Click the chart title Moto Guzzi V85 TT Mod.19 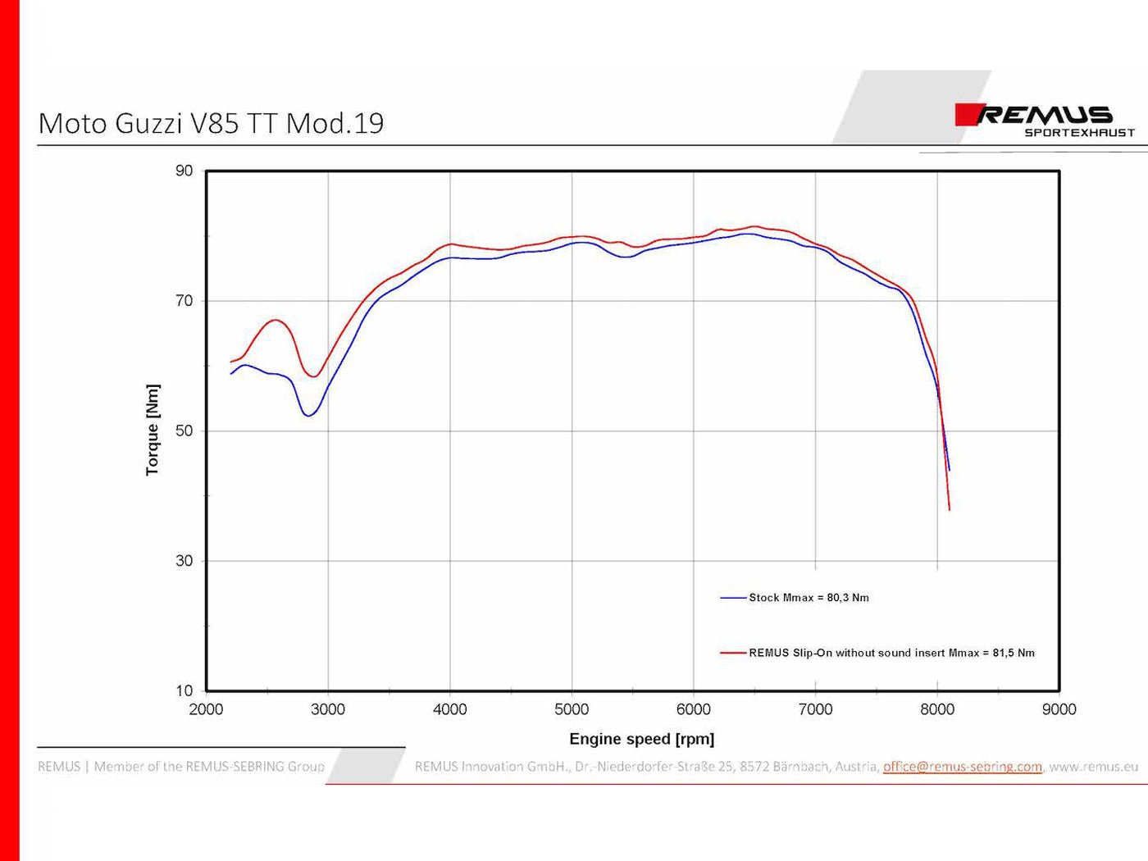pyautogui.click(x=211, y=123)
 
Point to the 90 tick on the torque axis pyautogui.click(x=184, y=171)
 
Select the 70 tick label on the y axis pyautogui.click(x=184, y=301)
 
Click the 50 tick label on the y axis pyautogui.click(x=184, y=431)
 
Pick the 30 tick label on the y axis pyautogui.click(x=184, y=561)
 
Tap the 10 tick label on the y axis pyautogui.click(x=184, y=690)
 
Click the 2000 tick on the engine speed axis pyautogui.click(x=206, y=709)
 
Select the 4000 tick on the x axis pyautogui.click(x=449, y=709)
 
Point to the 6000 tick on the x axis pyautogui.click(x=694, y=709)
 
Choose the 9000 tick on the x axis pyautogui.click(x=1059, y=709)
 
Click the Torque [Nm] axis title pyautogui.click(x=153, y=430)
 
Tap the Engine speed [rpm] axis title pyautogui.click(x=641, y=739)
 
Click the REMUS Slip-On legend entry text pyautogui.click(x=891, y=653)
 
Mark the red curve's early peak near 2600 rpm pyautogui.click(x=276, y=320)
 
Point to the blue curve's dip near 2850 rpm pyautogui.click(x=307, y=416)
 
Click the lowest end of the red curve pyautogui.click(x=950, y=509)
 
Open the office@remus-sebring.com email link pyautogui.click(x=962, y=767)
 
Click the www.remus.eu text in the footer pyautogui.click(x=1094, y=767)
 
